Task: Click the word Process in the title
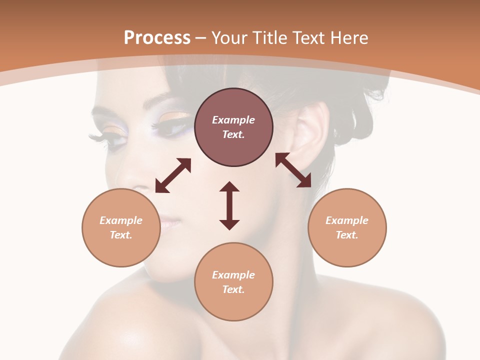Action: coord(157,38)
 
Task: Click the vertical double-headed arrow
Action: coord(229,205)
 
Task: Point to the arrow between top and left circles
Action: coord(173,175)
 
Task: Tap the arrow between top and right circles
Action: coord(293,170)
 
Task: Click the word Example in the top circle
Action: coord(233,120)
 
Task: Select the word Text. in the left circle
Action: coord(121,235)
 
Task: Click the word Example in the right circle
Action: coord(347,220)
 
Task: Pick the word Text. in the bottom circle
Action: coord(233,289)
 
